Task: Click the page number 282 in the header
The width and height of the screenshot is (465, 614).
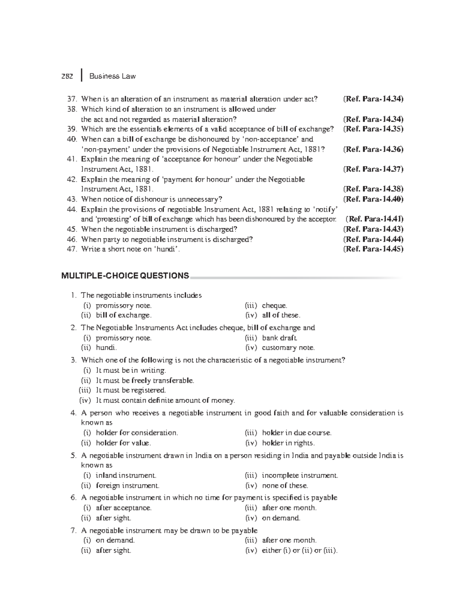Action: click(x=67, y=76)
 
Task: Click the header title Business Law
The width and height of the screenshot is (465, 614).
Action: click(x=112, y=76)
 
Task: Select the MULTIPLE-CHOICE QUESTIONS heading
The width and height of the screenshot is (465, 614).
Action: click(x=125, y=276)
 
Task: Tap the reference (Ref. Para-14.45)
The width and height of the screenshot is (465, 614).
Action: click(x=373, y=249)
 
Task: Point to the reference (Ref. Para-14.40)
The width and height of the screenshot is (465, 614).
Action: click(x=373, y=199)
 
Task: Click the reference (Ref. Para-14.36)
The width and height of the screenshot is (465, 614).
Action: click(x=373, y=149)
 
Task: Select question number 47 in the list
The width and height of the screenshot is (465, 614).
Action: click(x=72, y=249)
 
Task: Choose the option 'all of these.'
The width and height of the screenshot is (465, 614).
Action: click(x=281, y=316)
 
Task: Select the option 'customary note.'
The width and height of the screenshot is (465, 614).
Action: click(x=288, y=348)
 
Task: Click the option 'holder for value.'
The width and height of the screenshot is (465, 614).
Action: click(x=123, y=443)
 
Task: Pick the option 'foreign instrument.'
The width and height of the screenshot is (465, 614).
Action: click(x=127, y=485)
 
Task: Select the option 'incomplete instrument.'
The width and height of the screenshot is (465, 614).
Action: click(x=300, y=475)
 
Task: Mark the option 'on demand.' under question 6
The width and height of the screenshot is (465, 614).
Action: click(x=281, y=518)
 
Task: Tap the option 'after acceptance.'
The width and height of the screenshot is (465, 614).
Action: click(x=124, y=508)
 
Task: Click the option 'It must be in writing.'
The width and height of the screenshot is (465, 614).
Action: click(x=131, y=371)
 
